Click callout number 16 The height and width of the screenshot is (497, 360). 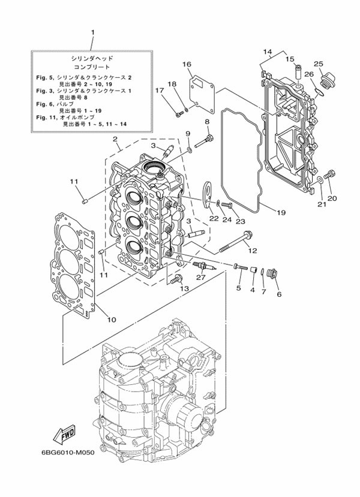(187, 64)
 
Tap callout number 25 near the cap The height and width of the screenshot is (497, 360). (318, 64)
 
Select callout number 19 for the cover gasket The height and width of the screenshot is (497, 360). (280, 212)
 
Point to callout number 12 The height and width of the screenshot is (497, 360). (253, 250)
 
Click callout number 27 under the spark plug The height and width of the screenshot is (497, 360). (200, 277)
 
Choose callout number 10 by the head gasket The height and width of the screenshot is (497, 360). (111, 319)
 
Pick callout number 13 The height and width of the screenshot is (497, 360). (185, 288)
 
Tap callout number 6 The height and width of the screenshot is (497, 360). (278, 294)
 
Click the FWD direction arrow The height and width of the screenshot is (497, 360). (61, 432)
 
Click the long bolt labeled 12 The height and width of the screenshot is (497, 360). (230, 244)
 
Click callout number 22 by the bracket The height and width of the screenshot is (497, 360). (214, 219)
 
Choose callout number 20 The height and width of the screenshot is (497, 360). (332, 198)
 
